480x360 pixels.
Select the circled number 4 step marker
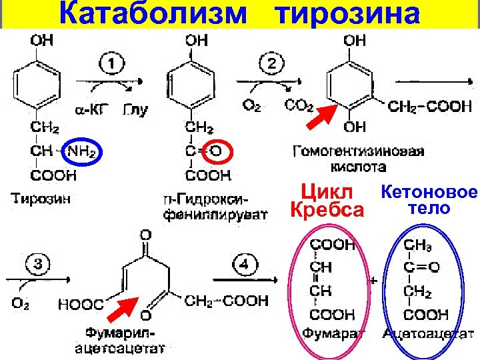click(246, 265)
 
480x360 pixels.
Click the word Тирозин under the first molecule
click(37, 198)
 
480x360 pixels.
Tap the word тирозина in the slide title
click(347, 13)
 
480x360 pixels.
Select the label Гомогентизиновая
click(359, 151)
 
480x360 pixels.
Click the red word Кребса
click(328, 210)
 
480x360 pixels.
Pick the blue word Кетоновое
click(429, 193)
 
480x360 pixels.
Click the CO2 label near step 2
click(299, 105)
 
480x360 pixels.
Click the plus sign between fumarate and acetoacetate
click(373, 281)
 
